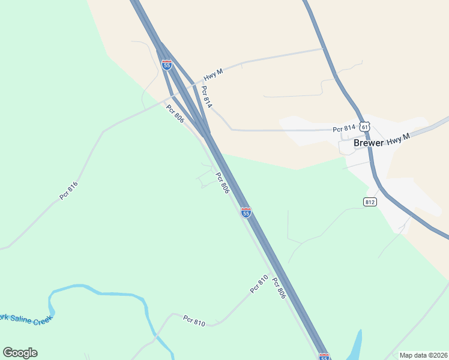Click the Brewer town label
[x=369, y=143]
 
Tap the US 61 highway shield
[x=366, y=127]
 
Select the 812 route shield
[x=370, y=202]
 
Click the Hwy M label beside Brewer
[x=398, y=139]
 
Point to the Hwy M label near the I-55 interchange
[x=213, y=75]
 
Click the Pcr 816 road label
[x=69, y=191]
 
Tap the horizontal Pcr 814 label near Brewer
[x=345, y=128]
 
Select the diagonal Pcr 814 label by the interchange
[x=206, y=97]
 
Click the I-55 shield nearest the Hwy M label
[x=167, y=64]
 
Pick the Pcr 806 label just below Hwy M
[x=175, y=115]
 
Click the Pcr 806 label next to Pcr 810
[x=278, y=288]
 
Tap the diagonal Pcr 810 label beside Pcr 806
[x=259, y=283]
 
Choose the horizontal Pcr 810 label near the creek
[x=194, y=321]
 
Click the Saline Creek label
[x=26, y=319]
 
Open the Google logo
[x=20, y=353]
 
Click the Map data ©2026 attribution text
[x=423, y=355]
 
